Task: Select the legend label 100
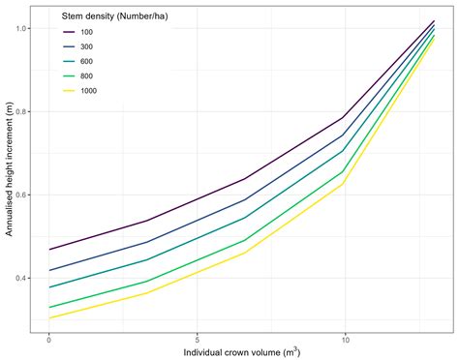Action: click(x=87, y=32)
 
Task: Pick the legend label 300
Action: click(x=87, y=46)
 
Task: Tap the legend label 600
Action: click(x=87, y=61)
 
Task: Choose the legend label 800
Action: click(x=87, y=76)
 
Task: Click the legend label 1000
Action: click(x=89, y=91)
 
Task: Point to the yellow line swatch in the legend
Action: click(x=69, y=91)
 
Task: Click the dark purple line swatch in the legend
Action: click(x=69, y=32)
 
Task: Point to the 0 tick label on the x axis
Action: click(x=48, y=340)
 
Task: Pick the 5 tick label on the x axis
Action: click(x=198, y=340)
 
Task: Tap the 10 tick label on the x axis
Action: click(x=345, y=340)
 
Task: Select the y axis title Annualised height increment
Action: click(x=9, y=174)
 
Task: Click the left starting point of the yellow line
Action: click(x=49, y=318)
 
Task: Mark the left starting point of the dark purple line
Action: click(x=49, y=250)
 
